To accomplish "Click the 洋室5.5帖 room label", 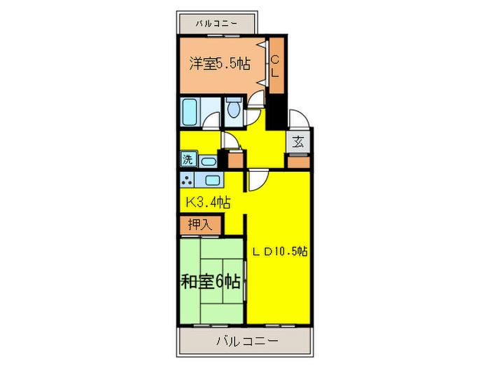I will pos(220,64).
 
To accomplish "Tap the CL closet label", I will pos(275,65).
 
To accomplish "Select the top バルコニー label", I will pos(217,23).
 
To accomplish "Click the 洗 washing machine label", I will pos(188,159).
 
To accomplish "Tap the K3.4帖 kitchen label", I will pos(208,202).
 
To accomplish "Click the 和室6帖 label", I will pos(211,282).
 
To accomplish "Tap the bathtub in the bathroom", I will pos(190,111).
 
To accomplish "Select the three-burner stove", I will pos(187,179).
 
